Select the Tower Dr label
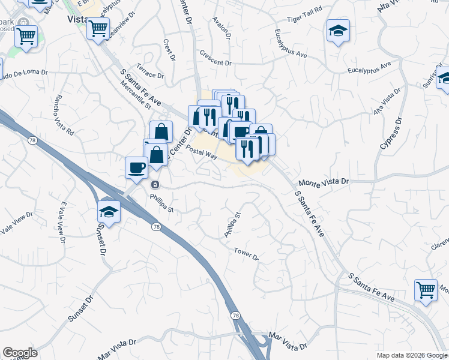click(x=246, y=254)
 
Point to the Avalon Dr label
click(x=221, y=28)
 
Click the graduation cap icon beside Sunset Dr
click(x=109, y=211)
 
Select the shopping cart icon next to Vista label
click(x=98, y=27)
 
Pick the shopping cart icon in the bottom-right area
click(x=426, y=290)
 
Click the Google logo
click(x=20, y=352)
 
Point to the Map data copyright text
click(x=411, y=355)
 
